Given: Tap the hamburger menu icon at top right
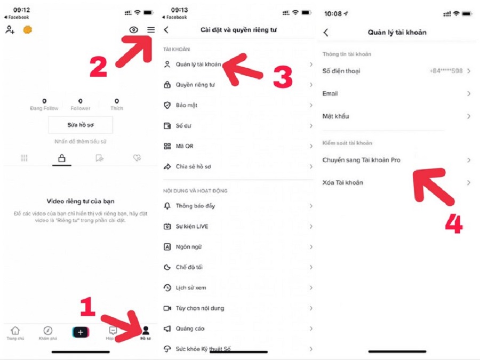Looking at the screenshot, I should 151,30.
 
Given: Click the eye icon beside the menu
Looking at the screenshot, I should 133,30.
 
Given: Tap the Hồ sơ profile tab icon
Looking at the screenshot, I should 146,332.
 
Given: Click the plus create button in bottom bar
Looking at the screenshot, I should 81,332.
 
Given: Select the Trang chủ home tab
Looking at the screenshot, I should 15,332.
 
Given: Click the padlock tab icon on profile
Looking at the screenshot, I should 62,158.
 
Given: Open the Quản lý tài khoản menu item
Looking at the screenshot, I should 198,65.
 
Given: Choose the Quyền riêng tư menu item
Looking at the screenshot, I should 195,85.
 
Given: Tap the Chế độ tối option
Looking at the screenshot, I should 189,267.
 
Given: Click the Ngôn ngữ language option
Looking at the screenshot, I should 189,247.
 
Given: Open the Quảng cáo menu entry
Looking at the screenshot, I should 190,329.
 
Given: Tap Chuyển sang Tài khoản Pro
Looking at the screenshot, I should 361,160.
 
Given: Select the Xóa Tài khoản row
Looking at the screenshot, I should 342,182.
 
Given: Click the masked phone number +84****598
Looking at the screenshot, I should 446,71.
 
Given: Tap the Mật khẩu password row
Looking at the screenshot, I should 335,116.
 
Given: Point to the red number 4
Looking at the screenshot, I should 453,225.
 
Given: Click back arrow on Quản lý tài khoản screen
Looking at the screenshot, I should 326,33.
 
